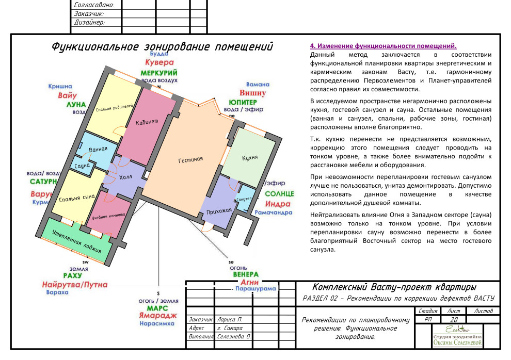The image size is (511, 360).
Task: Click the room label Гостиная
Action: tap(190, 160)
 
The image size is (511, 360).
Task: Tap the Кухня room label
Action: tap(250, 157)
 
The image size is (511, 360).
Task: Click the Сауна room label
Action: tap(82, 166)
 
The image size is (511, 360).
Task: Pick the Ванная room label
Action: tap(98, 150)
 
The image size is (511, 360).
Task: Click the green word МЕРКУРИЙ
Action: tap(159, 73)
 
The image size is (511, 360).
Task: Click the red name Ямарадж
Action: tap(157, 315)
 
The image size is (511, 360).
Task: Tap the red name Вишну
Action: tap(253, 93)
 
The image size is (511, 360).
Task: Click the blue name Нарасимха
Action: tap(158, 324)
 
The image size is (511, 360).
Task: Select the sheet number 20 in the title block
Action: tap(454, 320)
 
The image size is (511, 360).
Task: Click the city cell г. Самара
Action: tap(230, 328)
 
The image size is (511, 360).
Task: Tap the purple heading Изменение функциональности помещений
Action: tap(383, 46)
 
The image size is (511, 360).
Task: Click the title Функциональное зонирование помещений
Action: tap(162, 47)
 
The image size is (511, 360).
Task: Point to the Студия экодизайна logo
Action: tap(457, 336)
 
